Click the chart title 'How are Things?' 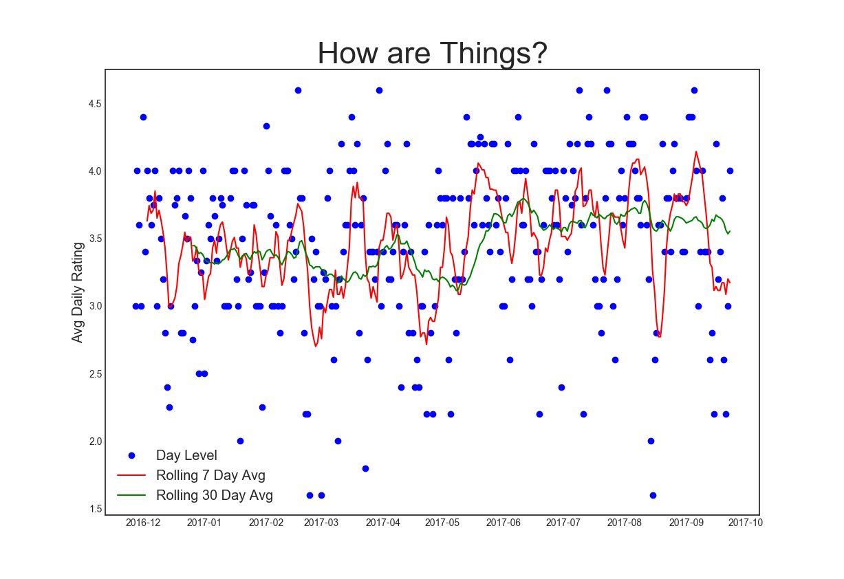[x=432, y=53]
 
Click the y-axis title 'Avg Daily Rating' [x=77, y=292]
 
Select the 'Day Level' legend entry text [x=186, y=455]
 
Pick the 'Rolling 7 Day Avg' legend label [x=210, y=475]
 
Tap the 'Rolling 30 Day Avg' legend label [x=215, y=495]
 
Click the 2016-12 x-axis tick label [x=143, y=523]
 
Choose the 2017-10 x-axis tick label [x=745, y=523]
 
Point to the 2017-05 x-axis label [x=442, y=523]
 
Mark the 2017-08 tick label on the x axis [x=625, y=523]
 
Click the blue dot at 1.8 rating [x=365, y=468]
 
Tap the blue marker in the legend [x=131, y=455]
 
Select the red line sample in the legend [x=131, y=475]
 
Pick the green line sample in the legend [x=131, y=495]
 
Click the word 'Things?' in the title [x=496, y=53]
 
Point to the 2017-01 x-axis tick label [x=204, y=523]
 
